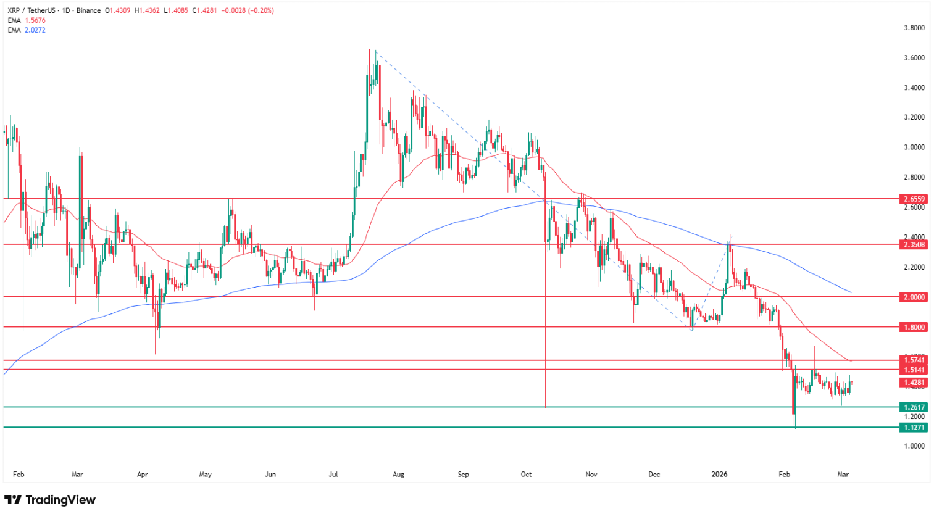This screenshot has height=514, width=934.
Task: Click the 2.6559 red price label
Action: [x=914, y=199]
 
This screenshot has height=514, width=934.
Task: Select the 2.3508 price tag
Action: [x=914, y=245]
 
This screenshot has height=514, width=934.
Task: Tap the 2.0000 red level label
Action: [x=914, y=297]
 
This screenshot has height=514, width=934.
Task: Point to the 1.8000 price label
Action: [x=914, y=327]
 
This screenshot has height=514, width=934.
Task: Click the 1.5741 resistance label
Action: [x=914, y=360]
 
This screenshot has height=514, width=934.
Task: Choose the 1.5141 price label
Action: [x=914, y=370]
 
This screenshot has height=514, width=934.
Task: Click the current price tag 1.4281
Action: [x=914, y=383]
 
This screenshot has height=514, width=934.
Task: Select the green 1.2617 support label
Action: [x=914, y=407]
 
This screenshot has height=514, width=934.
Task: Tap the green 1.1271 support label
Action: [x=914, y=428]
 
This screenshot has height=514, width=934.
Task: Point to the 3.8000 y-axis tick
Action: [x=914, y=28]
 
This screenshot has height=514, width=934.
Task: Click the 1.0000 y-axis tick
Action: [x=914, y=446]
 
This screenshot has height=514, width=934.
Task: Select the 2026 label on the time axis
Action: [x=719, y=475]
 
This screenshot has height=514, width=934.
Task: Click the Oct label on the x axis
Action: [x=526, y=475]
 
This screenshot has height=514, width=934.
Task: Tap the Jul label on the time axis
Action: [x=333, y=475]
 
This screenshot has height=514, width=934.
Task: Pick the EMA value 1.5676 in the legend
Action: [x=35, y=20]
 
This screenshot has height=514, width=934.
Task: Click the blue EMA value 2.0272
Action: [x=35, y=30]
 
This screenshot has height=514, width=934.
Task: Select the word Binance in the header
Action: [x=89, y=10]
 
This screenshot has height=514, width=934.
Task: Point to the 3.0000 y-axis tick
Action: [x=914, y=147]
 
